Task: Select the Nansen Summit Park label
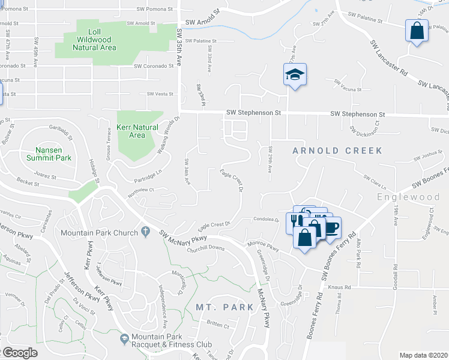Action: pyautogui.click(x=49, y=154)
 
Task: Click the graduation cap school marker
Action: pyautogui.click(x=295, y=75)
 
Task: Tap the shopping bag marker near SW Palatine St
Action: pyautogui.click(x=417, y=30)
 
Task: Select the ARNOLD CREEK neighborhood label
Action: pyautogui.click(x=337, y=151)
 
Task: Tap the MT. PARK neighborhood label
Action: pyautogui.click(x=220, y=307)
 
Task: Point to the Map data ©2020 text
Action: pyautogui.click(x=423, y=355)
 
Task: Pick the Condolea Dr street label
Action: pyautogui.click(x=266, y=219)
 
